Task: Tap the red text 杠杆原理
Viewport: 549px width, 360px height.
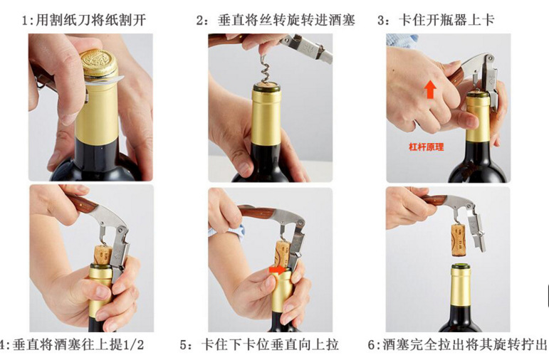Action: pyautogui.click(x=426, y=147)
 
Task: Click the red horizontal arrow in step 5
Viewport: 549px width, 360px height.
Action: pyautogui.click(x=277, y=270)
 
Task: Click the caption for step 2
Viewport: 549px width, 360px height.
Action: pyautogui.click(x=276, y=20)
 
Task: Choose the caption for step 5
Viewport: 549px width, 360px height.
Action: pyautogui.click(x=259, y=345)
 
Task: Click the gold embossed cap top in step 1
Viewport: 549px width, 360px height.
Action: pyautogui.click(x=98, y=63)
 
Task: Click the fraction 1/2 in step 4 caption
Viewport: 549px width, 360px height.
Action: pyautogui.click(x=134, y=345)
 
